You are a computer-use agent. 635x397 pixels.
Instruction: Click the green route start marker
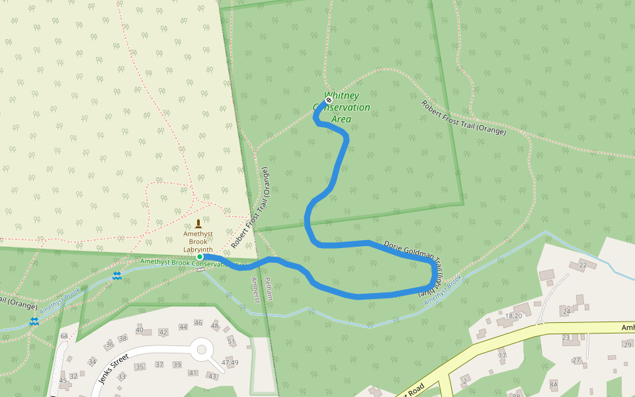[x=200, y=257]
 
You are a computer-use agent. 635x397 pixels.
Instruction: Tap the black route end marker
[x=328, y=100]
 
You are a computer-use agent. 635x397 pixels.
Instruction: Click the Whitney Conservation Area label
[x=341, y=108]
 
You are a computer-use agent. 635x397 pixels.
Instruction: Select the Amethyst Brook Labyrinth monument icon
[x=198, y=224]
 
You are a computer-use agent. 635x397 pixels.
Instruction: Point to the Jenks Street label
[x=112, y=370]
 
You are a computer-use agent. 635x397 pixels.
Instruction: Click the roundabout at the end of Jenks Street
[x=202, y=348]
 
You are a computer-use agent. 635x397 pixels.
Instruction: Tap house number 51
[x=232, y=341]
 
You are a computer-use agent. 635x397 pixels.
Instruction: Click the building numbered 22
[x=583, y=265]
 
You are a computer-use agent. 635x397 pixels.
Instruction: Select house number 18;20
[x=513, y=316]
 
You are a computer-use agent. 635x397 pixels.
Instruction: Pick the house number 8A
[x=554, y=384]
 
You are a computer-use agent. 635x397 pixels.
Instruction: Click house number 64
[x=64, y=336]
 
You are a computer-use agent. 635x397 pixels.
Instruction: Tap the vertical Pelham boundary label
[x=269, y=289]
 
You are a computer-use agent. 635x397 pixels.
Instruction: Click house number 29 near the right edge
[x=628, y=344]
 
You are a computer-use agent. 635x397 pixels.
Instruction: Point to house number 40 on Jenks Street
[x=140, y=330]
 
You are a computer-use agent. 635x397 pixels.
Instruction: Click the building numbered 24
[x=566, y=310]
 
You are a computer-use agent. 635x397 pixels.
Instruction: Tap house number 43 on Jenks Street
[x=212, y=376]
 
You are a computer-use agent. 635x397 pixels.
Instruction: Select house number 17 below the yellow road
[x=502, y=355]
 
